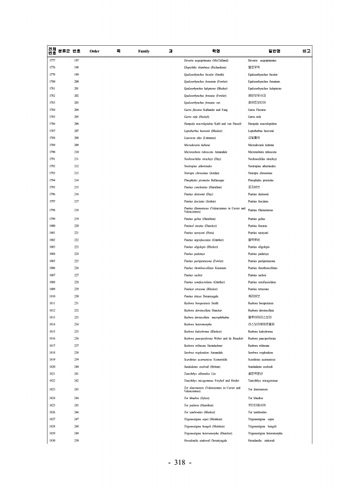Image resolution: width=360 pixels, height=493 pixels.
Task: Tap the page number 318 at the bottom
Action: pos(180,463)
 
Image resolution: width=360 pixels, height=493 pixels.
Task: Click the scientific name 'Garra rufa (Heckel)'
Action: pos(197,117)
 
